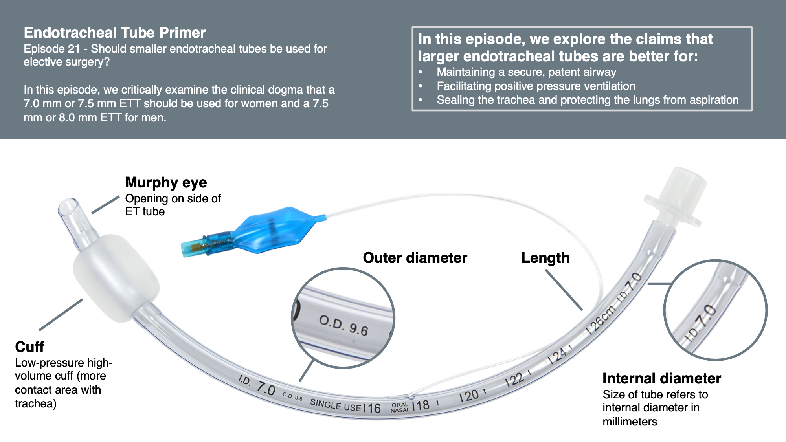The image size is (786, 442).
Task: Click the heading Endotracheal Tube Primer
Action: coord(114,33)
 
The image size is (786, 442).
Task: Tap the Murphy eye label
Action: coord(166,182)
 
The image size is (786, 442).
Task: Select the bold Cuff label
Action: coord(29,347)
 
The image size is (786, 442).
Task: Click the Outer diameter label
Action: coord(415,258)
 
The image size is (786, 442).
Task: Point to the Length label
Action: coord(545,258)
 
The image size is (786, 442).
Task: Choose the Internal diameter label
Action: coord(661,378)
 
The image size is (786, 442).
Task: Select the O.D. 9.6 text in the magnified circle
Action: coord(343,325)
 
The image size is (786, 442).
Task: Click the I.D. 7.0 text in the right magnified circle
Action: coord(701,322)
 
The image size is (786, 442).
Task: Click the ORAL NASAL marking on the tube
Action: coord(400,407)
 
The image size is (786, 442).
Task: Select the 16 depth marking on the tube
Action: coord(372,408)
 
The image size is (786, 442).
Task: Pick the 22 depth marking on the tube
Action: coord(515,380)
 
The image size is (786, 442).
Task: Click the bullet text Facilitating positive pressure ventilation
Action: coord(536,86)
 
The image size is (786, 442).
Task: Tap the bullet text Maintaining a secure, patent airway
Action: coord(526,72)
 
